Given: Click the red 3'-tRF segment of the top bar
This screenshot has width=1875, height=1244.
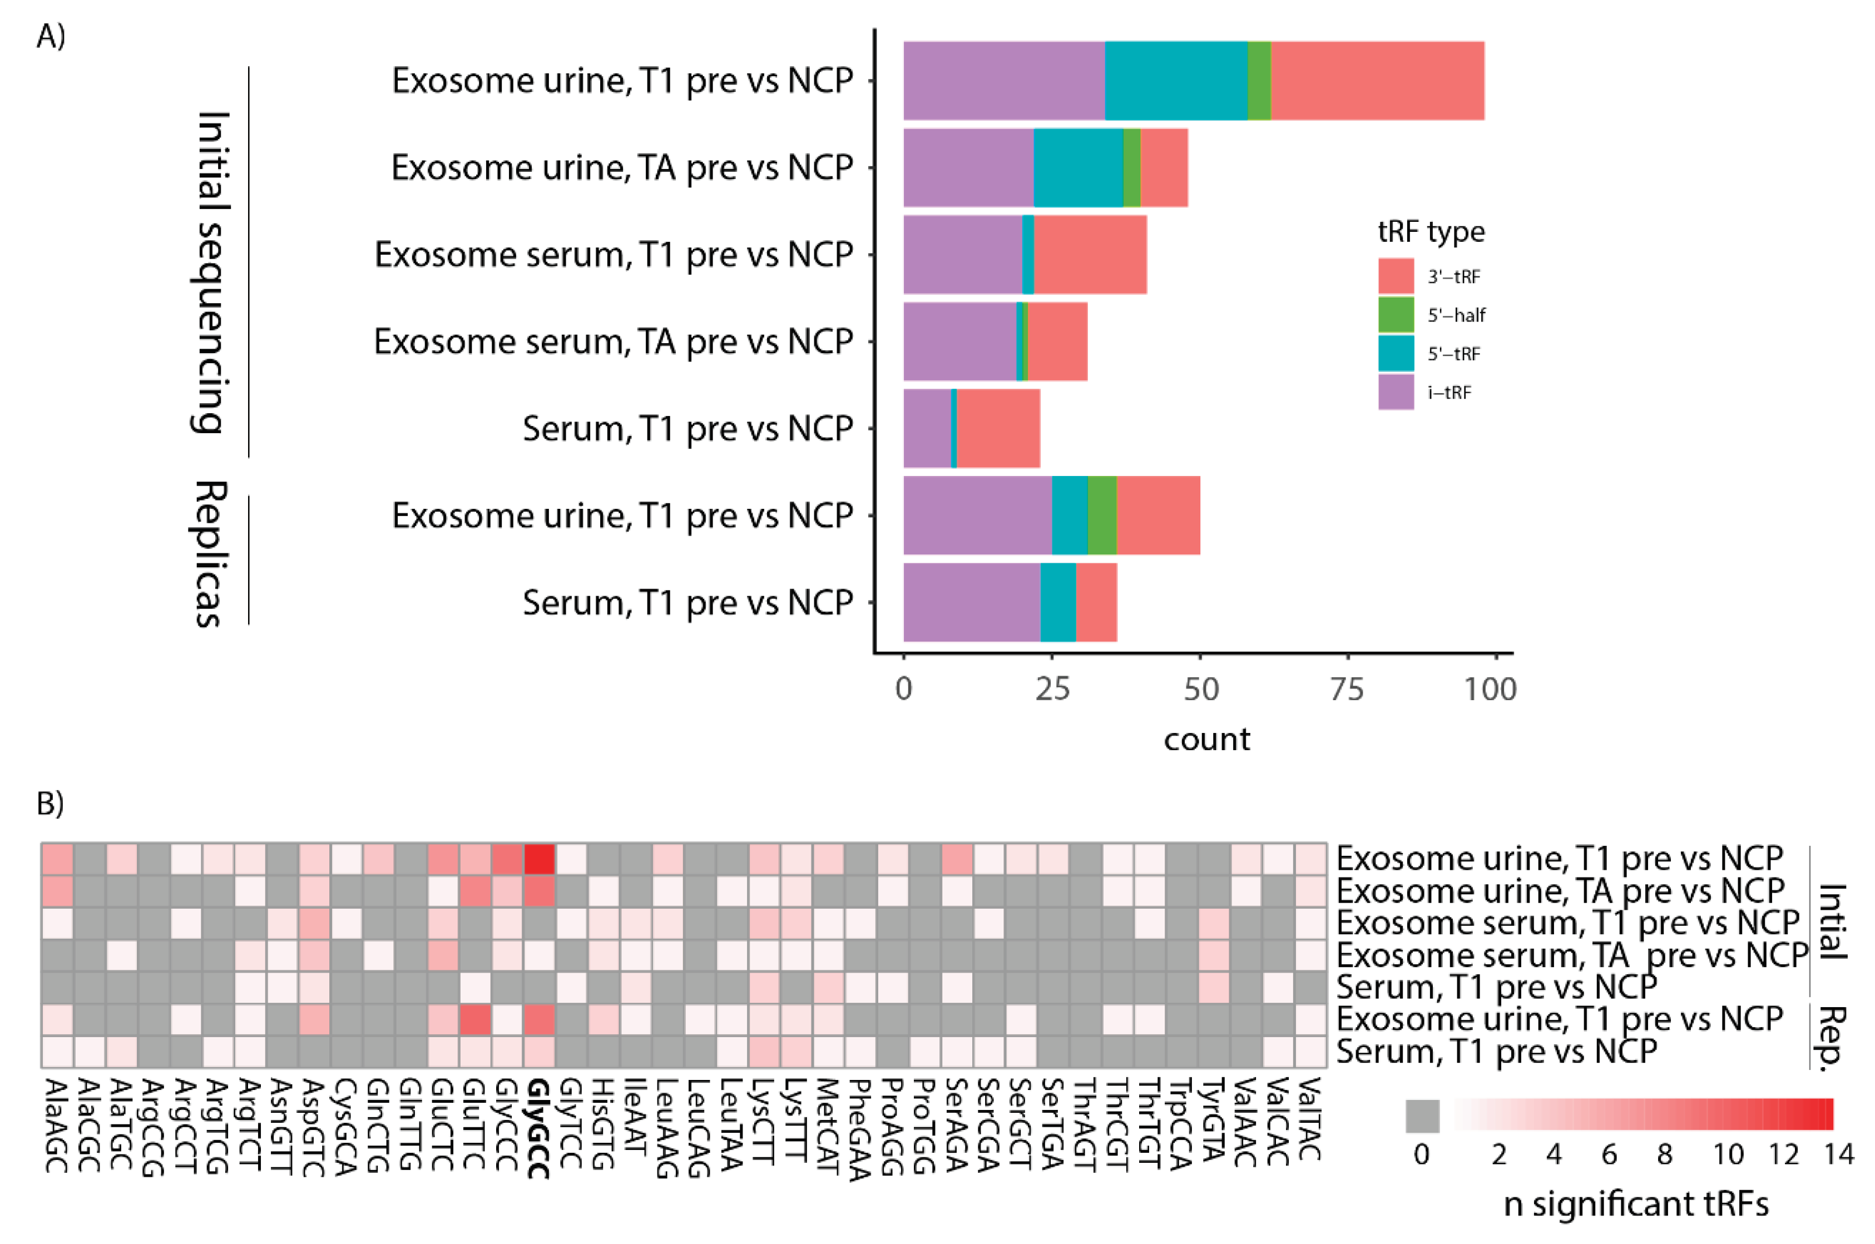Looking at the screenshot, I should (x=1377, y=80).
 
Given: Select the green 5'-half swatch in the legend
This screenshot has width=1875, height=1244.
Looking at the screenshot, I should (x=1396, y=314).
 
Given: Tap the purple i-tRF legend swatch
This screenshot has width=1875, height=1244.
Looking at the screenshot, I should (x=1396, y=392).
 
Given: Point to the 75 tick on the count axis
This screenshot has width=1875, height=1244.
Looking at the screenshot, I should (x=1347, y=688).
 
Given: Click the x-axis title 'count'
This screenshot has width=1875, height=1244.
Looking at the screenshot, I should (x=1206, y=740).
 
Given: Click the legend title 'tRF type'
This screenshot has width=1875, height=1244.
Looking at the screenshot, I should (x=1431, y=232).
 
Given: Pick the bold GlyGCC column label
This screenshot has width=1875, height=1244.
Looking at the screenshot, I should (x=540, y=1127).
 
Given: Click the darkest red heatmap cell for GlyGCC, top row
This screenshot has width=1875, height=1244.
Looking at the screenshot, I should (x=539, y=859).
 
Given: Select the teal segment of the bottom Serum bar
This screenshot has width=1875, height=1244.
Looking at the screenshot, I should (x=1058, y=602).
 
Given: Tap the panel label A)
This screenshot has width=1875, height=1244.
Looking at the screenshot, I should (x=50, y=36).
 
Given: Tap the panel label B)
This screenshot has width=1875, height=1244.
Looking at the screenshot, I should (x=50, y=803).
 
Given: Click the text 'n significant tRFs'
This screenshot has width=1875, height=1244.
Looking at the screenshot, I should (x=1636, y=1205).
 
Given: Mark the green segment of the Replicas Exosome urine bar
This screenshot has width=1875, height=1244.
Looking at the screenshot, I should (x=1101, y=515).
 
